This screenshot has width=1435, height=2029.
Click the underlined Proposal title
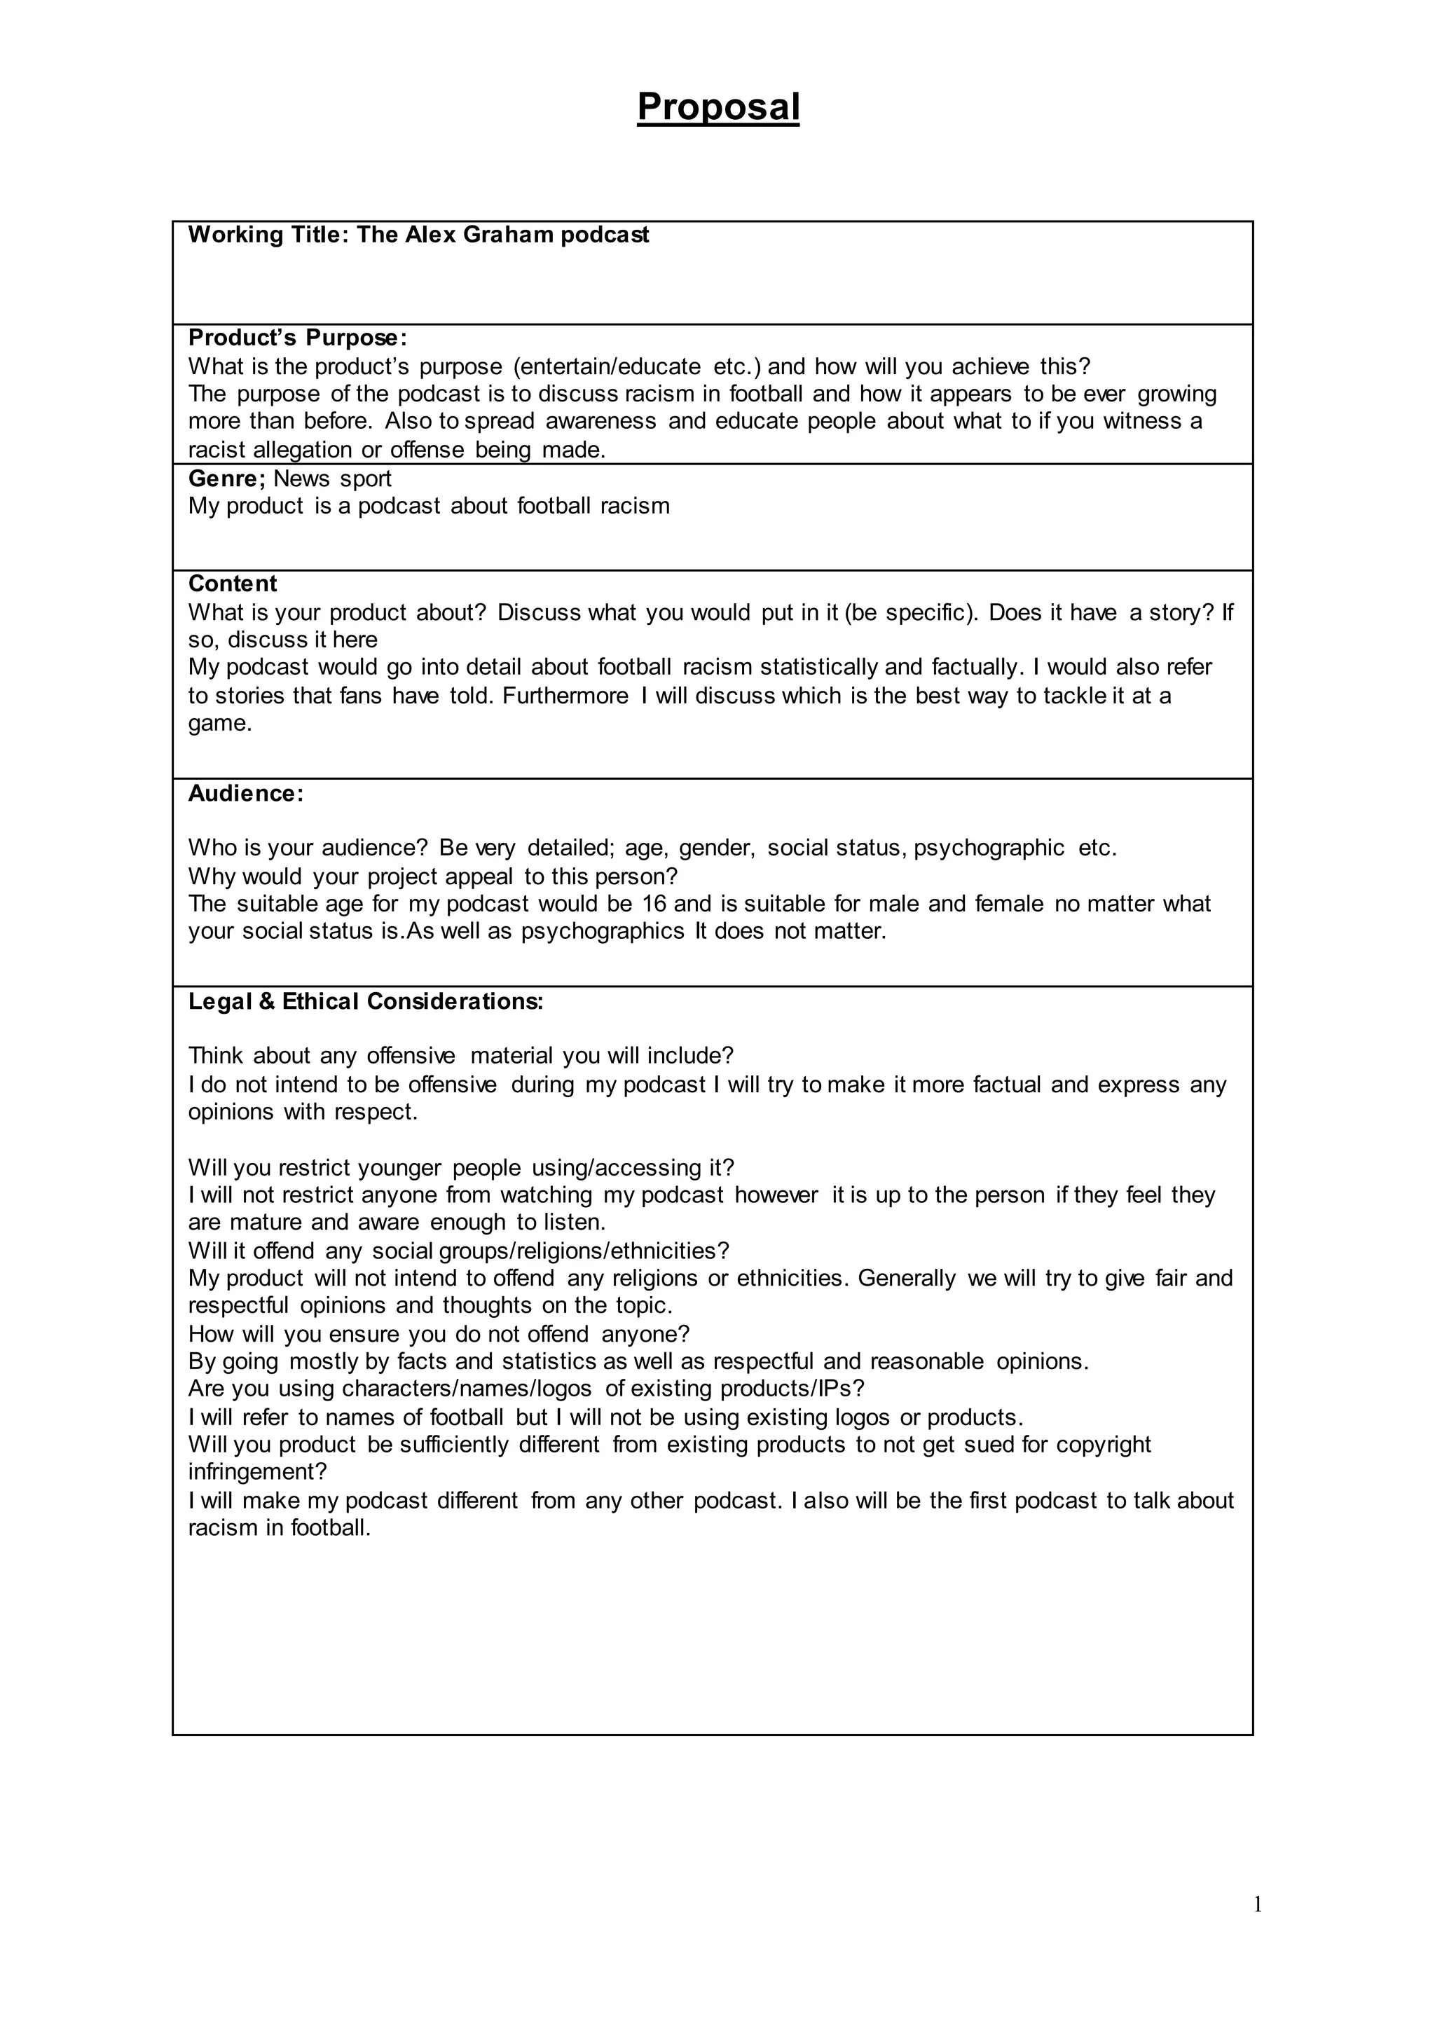[717, 107]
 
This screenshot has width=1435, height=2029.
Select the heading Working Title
[268, 235]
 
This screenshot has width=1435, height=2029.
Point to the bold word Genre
[226, 479]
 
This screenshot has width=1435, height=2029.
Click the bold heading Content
[233, 584]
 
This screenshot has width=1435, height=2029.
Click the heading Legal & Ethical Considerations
[366, 1002]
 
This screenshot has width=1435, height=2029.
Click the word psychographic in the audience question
[989, 848]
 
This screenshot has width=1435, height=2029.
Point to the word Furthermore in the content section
[565, 696]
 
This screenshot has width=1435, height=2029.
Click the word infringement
[257, 1472]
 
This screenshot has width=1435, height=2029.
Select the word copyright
[1104, 1445]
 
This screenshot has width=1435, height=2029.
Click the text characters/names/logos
[467, 1389]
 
